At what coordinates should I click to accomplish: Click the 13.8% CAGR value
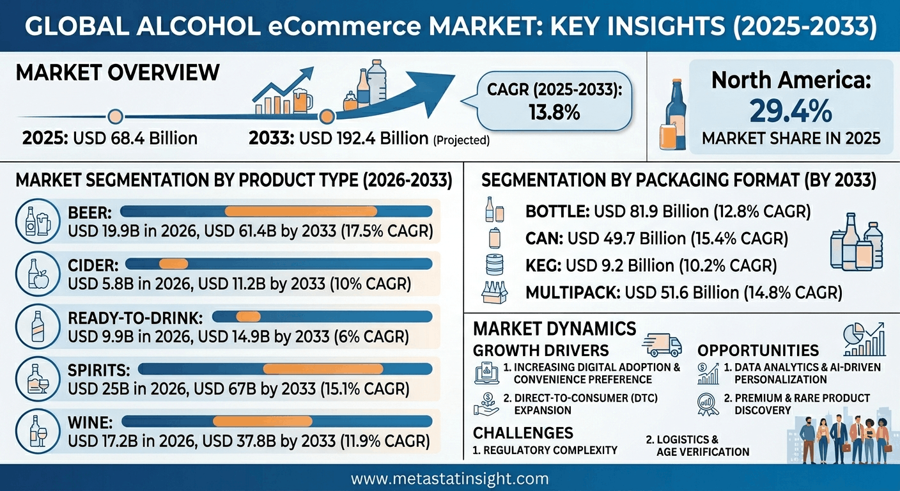tap(554, 112)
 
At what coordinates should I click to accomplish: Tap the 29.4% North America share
tap(791, 111)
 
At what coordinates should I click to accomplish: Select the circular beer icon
tap(38, 221)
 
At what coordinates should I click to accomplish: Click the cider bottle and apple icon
tap(38, 274)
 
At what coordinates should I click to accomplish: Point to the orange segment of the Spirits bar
tap(323, 369)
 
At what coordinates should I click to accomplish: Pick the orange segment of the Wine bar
tap(262, 421)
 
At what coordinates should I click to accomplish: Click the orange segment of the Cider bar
tap(174, 264)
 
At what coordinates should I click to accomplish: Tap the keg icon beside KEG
tap(495, 265)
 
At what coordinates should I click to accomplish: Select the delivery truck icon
tap(662, 345)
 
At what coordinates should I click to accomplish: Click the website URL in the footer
tap(449, 479)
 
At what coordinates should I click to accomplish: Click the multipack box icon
tap(495, 292)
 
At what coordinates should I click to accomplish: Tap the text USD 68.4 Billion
tap(136, 138)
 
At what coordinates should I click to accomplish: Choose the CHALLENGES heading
tap(523, 433)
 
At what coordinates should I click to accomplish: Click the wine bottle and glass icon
tap(38, 431)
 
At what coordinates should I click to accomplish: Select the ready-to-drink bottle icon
tap(38, 326)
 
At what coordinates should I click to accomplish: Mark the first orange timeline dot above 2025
tap(116, 116)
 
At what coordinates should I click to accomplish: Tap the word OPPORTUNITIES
tap(758, 350)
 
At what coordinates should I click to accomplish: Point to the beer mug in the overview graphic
tap(302, 100)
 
